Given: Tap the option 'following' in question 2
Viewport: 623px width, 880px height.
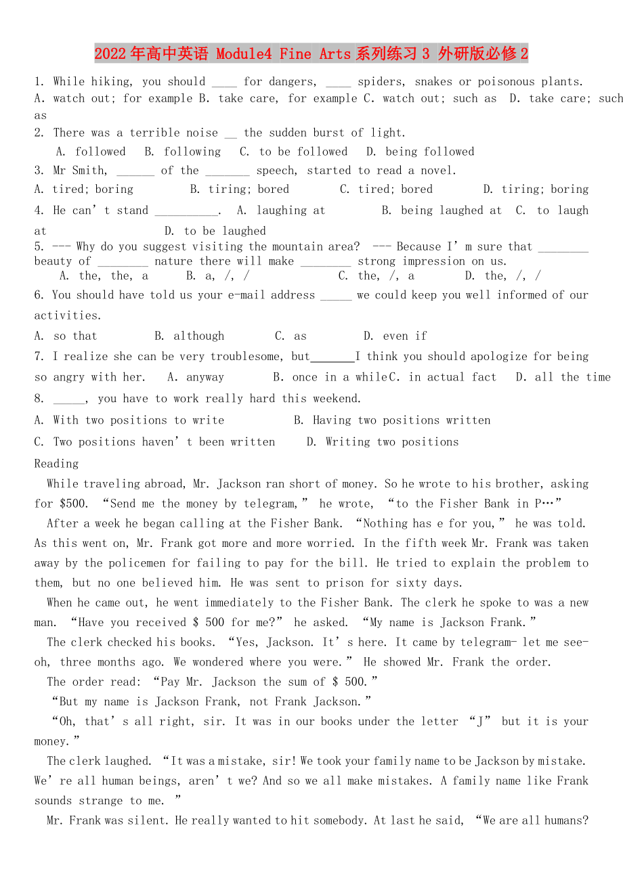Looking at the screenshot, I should click(x=192, y=152).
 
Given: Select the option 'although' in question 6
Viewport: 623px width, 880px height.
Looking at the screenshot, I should click(x=198, y=336).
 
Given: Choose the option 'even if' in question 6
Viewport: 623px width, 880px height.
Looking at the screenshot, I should click(x=405, y=336).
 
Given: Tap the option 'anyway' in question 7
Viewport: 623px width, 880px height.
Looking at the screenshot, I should click(x=205, y=377).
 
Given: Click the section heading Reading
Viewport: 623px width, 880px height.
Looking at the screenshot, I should click(x=56, y=464).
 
